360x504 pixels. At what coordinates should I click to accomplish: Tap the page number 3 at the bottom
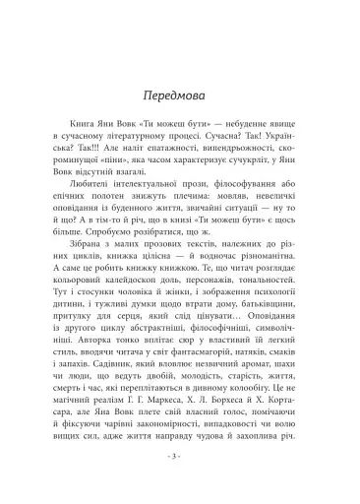click(180, 459)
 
